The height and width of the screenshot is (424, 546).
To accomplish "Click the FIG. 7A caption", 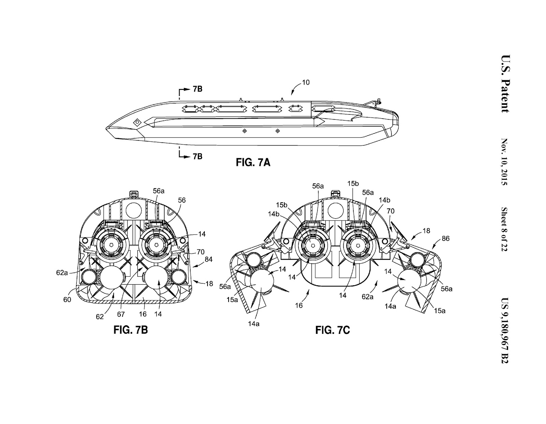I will tap(253, 163).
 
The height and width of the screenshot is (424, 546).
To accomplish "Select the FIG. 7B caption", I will tap(130, 330).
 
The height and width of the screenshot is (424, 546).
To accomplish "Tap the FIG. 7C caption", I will tap(332, 330).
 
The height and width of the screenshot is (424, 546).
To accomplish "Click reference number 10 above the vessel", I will tap(306, 82).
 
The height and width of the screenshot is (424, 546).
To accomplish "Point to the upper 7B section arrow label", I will tap(197, 89).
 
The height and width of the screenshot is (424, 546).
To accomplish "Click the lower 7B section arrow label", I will tap(197, 156).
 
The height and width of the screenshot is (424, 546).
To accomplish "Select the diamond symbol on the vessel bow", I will tap(137, 122).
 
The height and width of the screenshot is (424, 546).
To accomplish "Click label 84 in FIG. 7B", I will tap(208, 260).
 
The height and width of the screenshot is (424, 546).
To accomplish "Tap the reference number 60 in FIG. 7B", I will tap(67, 300).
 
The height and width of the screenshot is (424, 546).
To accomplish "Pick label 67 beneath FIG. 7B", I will tap(121, 314).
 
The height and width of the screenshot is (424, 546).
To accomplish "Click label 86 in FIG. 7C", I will tap(445, 238).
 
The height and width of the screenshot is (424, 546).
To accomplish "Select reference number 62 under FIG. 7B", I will tap(100, 317).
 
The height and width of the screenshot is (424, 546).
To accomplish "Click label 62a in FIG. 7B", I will tap(62, 273).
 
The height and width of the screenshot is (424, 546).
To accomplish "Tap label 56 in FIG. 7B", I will tap(182, 200).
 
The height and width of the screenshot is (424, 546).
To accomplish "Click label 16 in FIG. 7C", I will tap(299, 305).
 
